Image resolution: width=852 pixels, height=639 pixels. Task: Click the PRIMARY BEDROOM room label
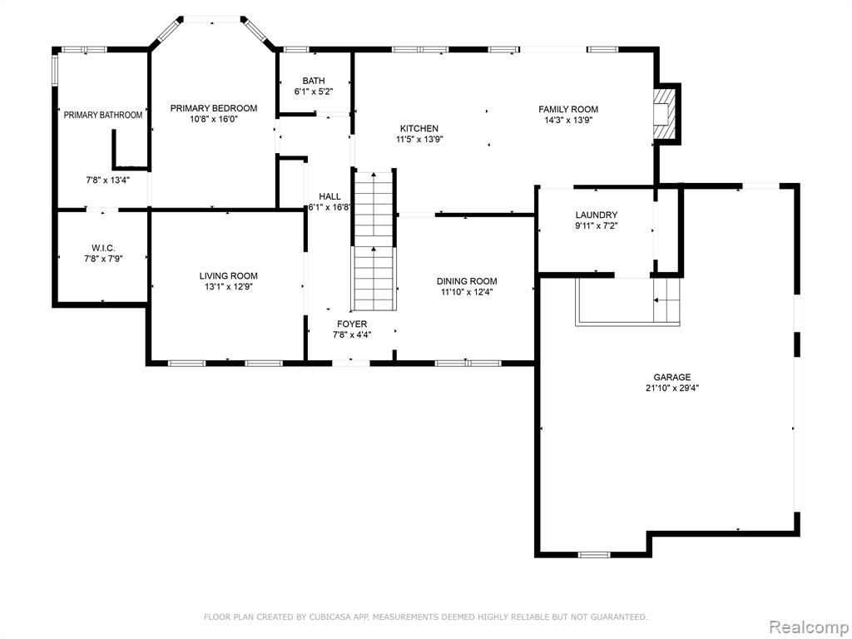pos(214,108)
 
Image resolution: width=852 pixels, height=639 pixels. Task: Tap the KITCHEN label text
pos(419,128)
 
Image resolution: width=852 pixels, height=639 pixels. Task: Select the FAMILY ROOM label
pos(568,109)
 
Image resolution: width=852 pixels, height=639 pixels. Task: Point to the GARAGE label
pos(672,377)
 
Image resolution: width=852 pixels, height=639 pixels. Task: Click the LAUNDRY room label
pos(597,215)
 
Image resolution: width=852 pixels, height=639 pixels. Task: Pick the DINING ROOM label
pos(467,281)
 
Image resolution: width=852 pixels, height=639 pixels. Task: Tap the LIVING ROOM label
pos(228,276)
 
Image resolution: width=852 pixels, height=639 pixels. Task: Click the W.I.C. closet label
pos(103,248)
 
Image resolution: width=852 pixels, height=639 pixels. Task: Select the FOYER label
pos(352,324)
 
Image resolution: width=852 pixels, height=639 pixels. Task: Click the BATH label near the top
pos(314,81)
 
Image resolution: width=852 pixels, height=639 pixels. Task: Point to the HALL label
pos(329,196)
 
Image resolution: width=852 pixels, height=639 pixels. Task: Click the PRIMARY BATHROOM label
pos(103,115)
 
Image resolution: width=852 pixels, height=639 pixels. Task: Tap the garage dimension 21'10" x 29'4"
pos(672,388)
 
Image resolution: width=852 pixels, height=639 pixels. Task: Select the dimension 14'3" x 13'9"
pos(568,120)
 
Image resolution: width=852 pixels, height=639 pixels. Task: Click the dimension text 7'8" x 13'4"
pos(108,180)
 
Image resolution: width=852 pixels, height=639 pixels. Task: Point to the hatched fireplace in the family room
pos(665,113)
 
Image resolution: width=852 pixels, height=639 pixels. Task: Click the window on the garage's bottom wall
pos(593,554)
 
